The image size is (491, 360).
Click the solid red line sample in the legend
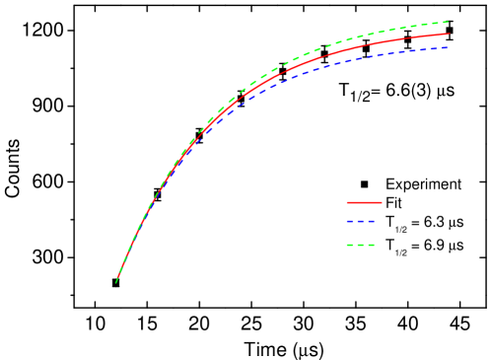pos(364,202)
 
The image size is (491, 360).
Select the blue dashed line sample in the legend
pos(361,222)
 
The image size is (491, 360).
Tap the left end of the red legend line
pos(347,202)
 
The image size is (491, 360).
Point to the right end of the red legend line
pos(381,202)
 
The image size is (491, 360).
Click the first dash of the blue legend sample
pos(350,222)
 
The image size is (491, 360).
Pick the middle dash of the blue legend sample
pos(361,222)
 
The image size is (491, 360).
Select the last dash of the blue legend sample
pos(372,222)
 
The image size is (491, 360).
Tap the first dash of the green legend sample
pos(350,245)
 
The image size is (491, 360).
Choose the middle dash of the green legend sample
pos(361,245)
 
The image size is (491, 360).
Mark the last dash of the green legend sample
pos(372,245)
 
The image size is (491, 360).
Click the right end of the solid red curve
pos(450,34)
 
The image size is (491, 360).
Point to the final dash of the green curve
pos(446,22)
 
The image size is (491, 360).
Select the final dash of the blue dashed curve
pos(446,46)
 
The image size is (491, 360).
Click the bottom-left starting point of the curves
pos(116,283)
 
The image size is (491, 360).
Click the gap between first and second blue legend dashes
pos(355,222)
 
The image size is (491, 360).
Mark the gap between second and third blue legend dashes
pos(367,222)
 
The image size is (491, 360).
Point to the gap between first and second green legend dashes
pos(355,245)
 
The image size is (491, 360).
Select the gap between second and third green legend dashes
pos(367,245)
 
